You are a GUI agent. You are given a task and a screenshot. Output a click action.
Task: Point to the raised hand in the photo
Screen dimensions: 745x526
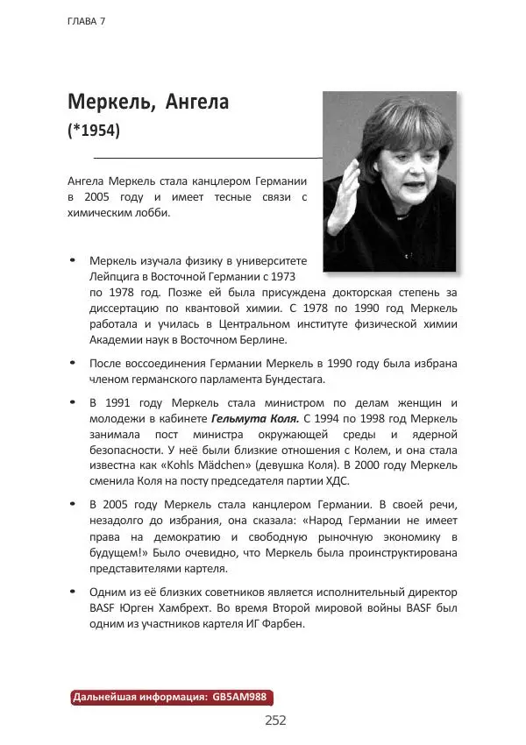point(346,189)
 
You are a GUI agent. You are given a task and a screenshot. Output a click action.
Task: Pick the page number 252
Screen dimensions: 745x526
point(275,720)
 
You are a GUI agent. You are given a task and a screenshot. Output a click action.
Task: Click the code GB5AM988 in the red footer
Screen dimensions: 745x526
point(240,698)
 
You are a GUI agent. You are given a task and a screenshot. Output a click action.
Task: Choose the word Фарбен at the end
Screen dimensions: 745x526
point(282,624)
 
